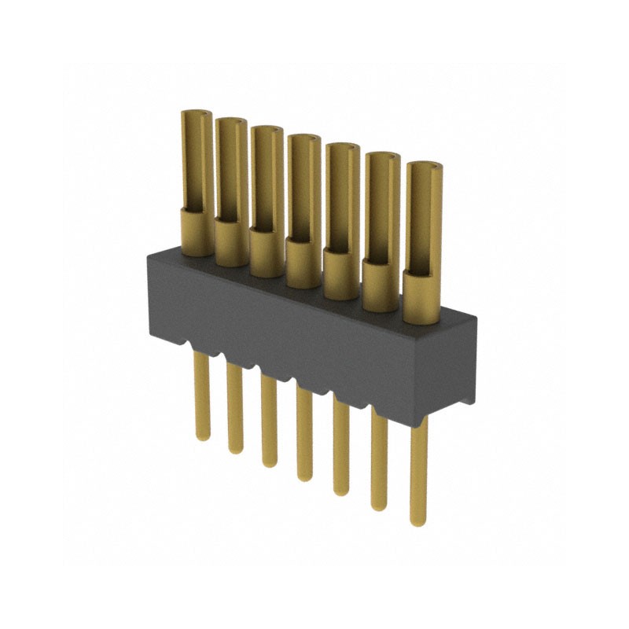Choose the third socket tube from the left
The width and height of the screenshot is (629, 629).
pos(267,177)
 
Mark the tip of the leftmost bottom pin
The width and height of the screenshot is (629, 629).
pos(203,435)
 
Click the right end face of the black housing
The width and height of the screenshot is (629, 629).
pos(467,362)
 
